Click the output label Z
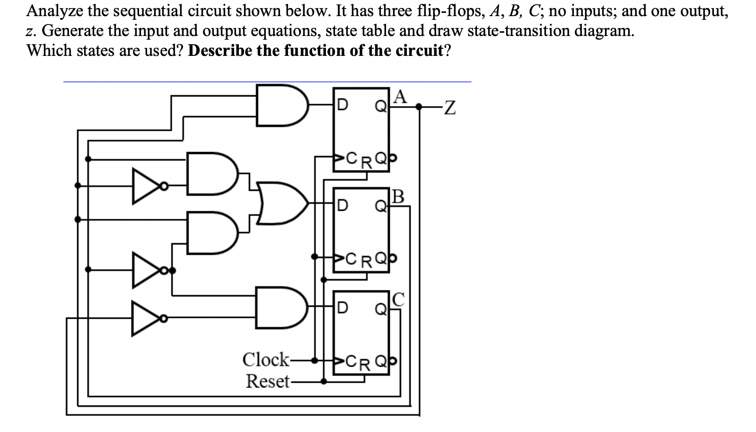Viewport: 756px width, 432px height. point(449,108)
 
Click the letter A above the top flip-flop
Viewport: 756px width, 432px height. point(400,96)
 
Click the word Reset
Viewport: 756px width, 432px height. point(267,381)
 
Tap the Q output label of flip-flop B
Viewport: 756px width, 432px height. point(380,206)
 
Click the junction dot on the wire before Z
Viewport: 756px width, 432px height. point(419,108)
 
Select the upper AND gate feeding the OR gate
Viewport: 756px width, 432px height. point(211,173)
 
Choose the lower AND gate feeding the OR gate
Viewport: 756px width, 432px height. point(211,233)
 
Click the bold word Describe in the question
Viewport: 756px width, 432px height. point(220,50)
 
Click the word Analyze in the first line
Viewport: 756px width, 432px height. point(55,10)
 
